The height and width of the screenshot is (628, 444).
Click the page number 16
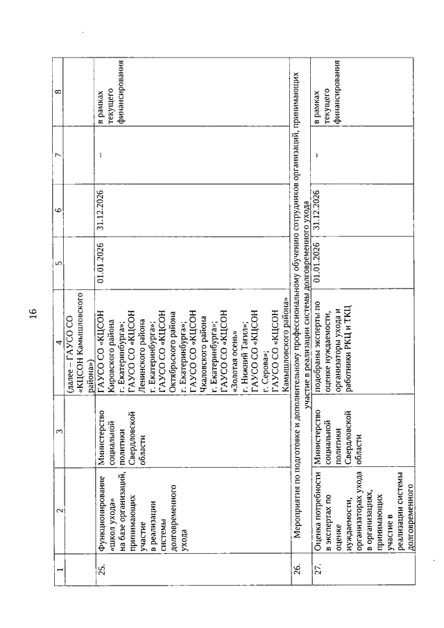click(x=33, y=314)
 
